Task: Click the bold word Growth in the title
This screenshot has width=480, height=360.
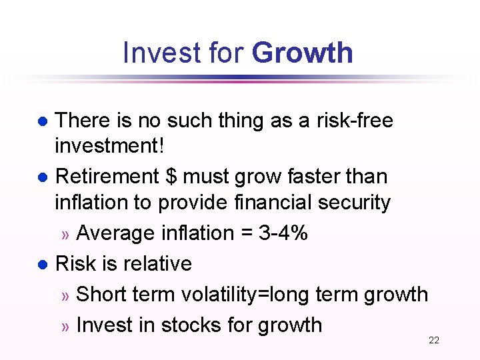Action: [303, 53]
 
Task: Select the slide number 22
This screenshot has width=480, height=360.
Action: [433, 341]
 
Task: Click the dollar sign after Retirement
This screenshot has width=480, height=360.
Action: [171, 177]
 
